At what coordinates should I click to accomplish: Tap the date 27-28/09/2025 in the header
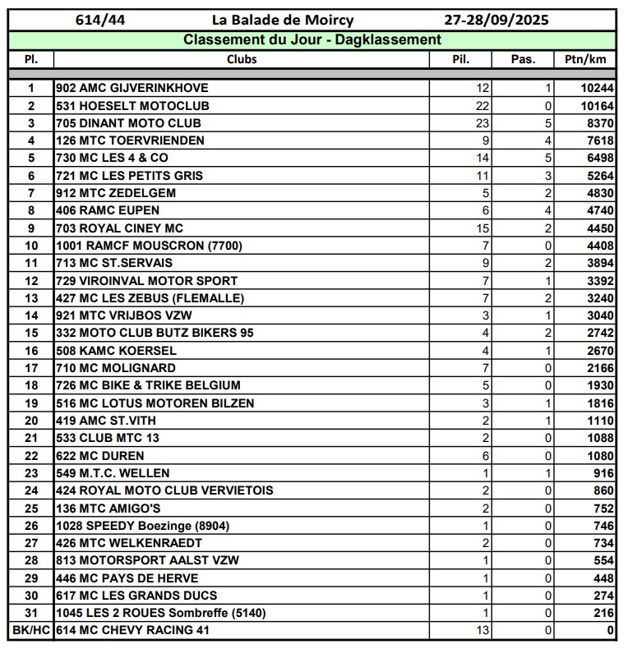point(496,20)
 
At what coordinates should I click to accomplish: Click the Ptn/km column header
point(585,59)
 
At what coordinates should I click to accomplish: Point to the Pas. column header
point(523,59)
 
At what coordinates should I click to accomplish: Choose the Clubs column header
point(242,59)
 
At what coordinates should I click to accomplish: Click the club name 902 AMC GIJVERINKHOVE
point(132,88)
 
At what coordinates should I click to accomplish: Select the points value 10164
point(597,106)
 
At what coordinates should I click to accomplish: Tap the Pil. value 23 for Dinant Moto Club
point(482,123)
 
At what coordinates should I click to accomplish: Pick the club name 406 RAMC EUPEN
point(108,210)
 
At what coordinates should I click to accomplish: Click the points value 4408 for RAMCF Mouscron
point(600,246)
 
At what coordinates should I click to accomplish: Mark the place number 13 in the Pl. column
point(31,298)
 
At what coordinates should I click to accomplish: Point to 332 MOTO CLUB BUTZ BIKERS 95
point(155,333)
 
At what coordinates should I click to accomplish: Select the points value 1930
point(600,385)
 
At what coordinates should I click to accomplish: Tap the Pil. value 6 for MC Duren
point(486,456)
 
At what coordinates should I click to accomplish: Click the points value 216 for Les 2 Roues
point(603,613)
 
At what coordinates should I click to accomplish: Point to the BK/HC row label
point(31,630)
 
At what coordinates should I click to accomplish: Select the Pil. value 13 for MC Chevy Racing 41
point(482,630)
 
